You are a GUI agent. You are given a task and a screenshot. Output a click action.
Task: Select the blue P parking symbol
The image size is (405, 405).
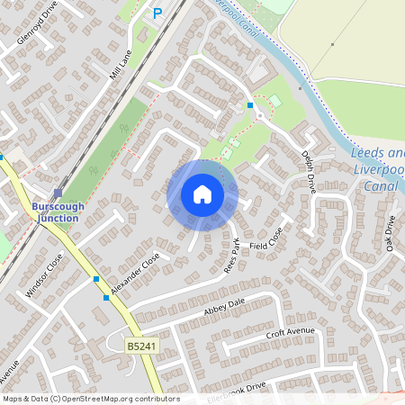[x=157, y=13]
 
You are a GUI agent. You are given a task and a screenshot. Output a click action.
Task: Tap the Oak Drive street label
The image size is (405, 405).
[x=390, y=234]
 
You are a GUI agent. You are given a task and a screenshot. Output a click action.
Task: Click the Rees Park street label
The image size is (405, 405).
[x=232, y=255]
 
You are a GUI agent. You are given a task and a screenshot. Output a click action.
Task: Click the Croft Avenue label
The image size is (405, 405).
[x=288, y=334]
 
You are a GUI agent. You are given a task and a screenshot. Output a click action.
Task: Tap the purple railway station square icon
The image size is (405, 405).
[x=58, y=193]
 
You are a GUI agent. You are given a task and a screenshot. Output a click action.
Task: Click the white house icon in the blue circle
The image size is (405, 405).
[x=202, y=194]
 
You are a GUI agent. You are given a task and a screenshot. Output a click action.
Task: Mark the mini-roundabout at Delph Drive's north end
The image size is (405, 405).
[x=260, y=115]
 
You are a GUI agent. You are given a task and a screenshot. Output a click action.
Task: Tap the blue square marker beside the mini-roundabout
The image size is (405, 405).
[x=250, y=106]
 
